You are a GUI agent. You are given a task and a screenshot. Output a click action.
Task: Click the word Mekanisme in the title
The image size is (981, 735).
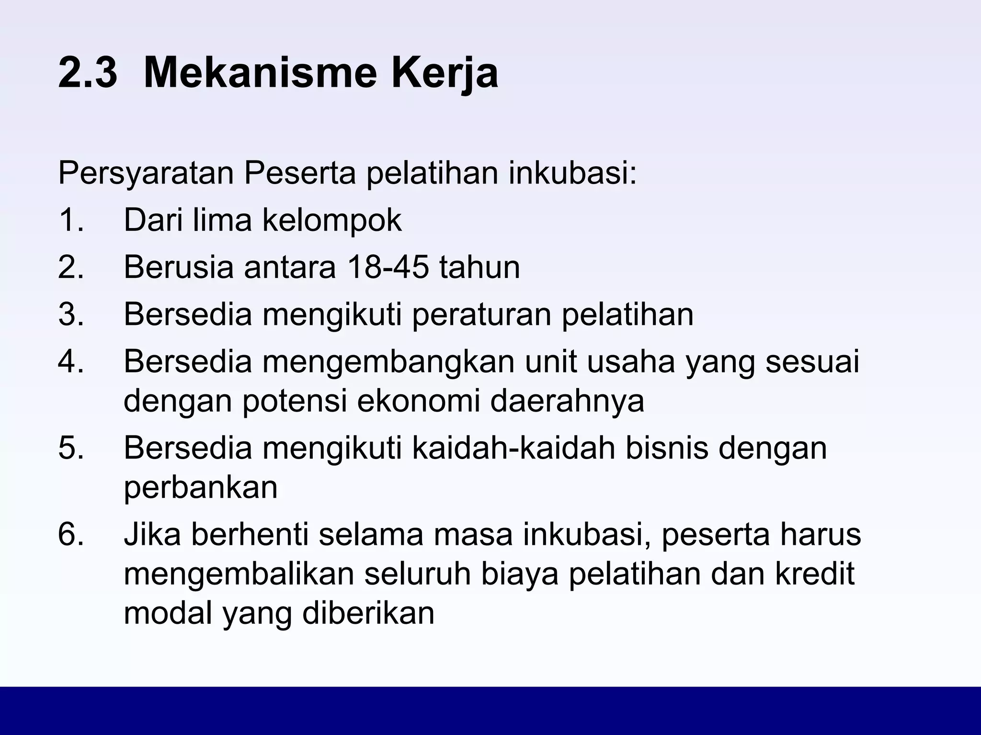[262, 73]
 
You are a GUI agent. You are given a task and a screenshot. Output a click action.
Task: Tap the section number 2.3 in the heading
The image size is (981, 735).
[87, 73]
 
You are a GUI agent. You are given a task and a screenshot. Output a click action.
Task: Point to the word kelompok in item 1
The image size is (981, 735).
[332, 221]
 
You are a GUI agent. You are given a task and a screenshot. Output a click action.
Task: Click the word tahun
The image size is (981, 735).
[479, 267]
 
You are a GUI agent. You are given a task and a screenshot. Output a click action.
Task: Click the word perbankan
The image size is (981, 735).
[201, 488]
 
